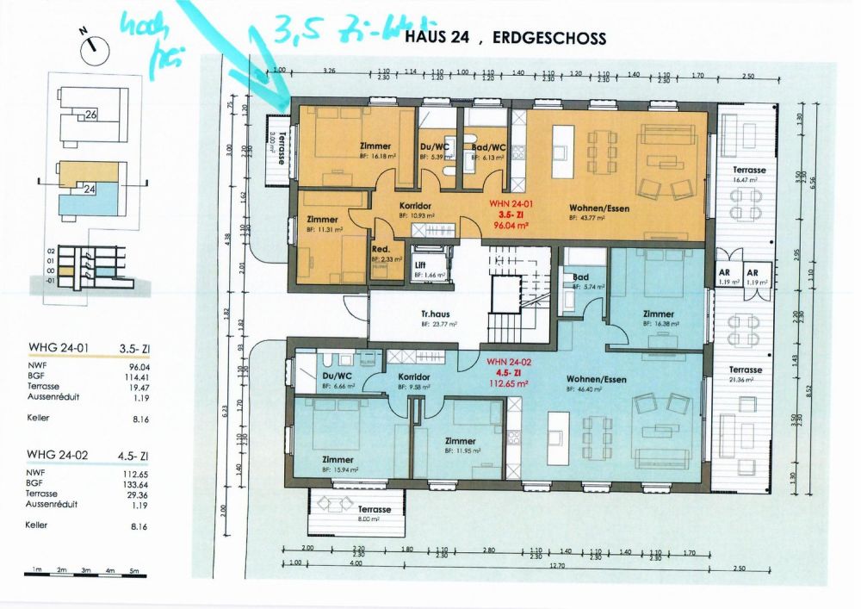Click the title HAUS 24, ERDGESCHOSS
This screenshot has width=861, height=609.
516,39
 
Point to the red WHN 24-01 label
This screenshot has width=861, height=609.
506,202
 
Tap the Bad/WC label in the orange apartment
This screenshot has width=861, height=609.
488,147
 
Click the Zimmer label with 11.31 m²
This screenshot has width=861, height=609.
323,220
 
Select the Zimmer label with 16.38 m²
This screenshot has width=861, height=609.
659,314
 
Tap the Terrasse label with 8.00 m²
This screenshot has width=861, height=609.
374,510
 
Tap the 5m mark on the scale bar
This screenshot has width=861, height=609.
133,571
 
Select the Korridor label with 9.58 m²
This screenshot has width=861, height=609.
415,377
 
